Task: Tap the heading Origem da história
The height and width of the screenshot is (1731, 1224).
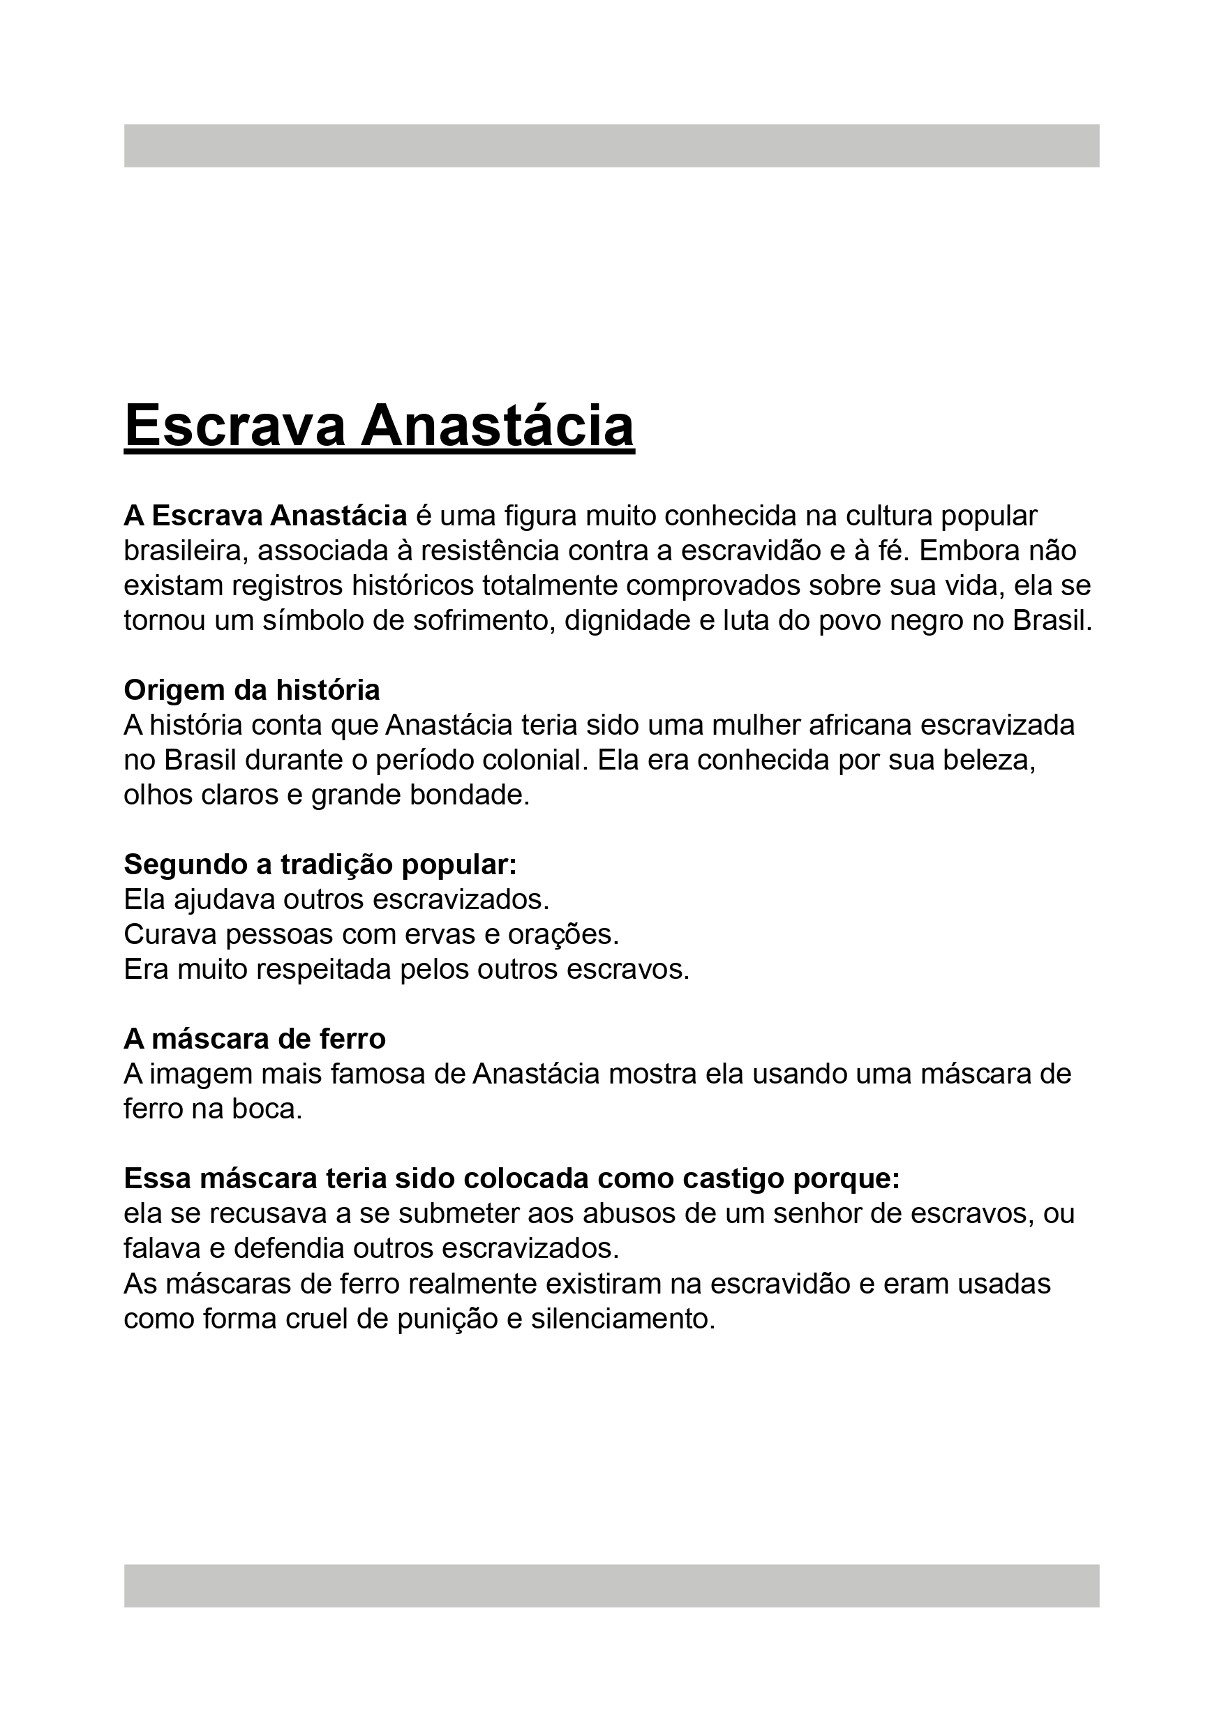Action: point(252,690)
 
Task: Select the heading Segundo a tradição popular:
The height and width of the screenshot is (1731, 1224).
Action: point(320,864)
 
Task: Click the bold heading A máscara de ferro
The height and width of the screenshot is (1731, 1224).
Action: point(254,1039)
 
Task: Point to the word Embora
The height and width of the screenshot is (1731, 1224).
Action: point(969,551)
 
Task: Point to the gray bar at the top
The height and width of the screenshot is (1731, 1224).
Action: point(611,146)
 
